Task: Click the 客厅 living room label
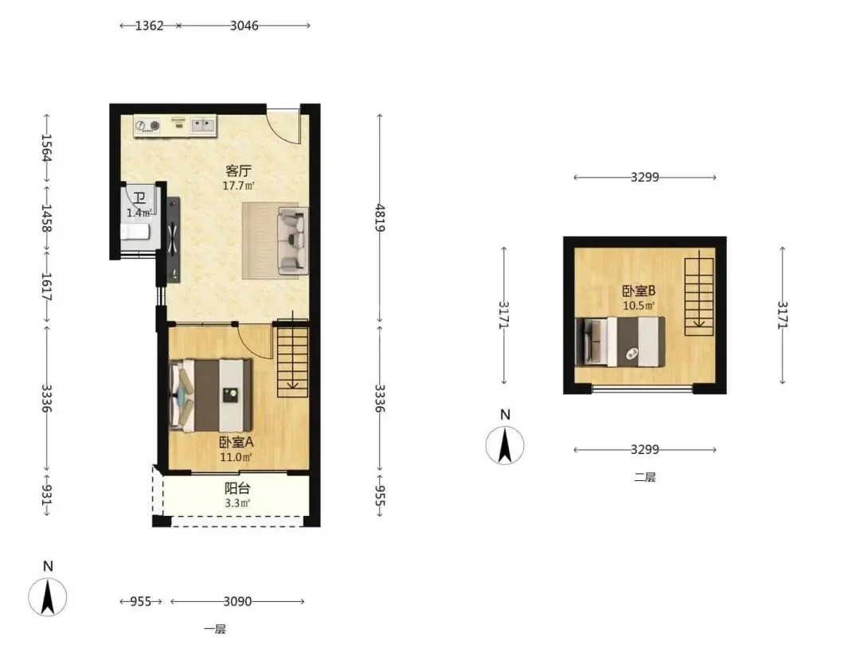239,171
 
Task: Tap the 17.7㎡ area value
239,186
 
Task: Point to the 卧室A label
236,442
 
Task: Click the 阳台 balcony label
237,488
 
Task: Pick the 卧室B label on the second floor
639,291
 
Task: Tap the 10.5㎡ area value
639,306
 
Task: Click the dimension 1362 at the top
149,25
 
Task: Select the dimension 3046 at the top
244,25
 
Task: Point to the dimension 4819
380,217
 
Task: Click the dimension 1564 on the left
47,148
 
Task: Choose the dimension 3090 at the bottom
237,602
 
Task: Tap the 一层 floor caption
214,629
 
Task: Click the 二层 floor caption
645,477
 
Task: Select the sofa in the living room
293,240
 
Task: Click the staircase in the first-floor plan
292,358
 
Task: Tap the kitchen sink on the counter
203,126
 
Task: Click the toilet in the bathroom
135,232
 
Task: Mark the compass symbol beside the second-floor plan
505,445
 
